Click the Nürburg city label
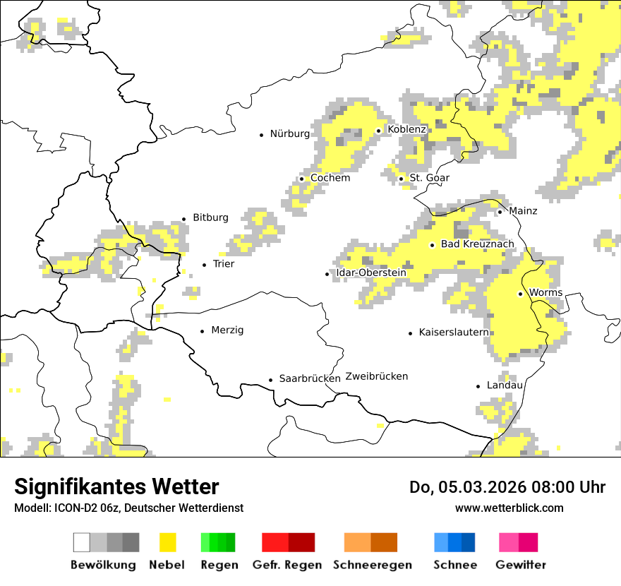tap(289, 133)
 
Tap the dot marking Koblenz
tap(379, 131)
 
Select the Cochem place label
tap(330, 178)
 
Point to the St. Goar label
tap(429, 178)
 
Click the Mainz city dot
tap(500, 212)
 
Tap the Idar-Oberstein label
tap(371, 273)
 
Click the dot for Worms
tap(520, 294)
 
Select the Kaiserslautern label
tap(454, 332)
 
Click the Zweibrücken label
tap(377, 376)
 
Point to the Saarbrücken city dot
tap(270, 380)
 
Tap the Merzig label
tap(227, 330)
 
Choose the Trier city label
tap(223, 264)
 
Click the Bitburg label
tap(210, 217)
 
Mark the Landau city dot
tap(478, 386)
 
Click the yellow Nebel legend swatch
tap(167, 542)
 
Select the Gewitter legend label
tap(521, 565)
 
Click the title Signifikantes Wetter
tap(116, 486)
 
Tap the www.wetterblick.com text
tap(509, 508)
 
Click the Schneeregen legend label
tap(372, 565)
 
